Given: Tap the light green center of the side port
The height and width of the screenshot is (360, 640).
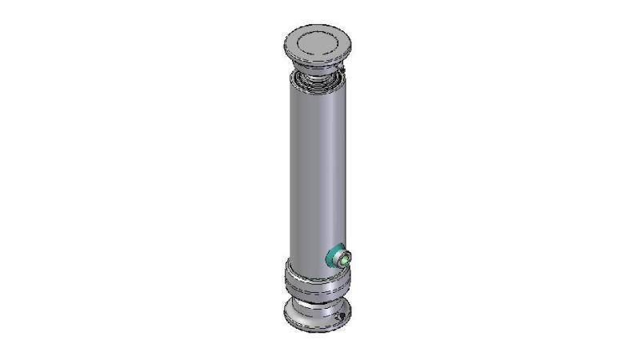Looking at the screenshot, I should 345,258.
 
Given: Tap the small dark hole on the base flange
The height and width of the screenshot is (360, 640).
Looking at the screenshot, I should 341,319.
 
